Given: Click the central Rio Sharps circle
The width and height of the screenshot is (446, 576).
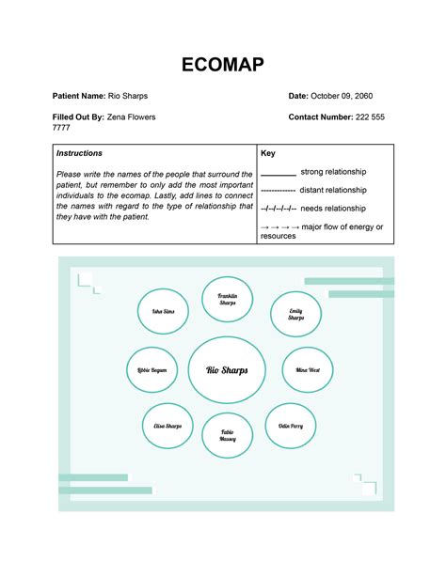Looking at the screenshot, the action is pos(227,370).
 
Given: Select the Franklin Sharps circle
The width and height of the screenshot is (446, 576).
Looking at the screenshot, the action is pos(228,300).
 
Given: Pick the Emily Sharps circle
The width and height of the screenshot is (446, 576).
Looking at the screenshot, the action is pos(296,315).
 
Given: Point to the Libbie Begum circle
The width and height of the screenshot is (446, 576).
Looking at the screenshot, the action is pos(152,370).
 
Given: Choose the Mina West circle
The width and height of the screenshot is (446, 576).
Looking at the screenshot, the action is pos(308,370).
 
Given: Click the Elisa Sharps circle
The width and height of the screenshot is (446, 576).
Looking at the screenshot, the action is pos(167,427).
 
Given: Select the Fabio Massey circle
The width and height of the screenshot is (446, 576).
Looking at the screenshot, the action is pos(228,436).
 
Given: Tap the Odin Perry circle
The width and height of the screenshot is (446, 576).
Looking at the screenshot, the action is pos(290,427).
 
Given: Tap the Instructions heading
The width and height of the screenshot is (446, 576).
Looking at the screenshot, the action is pos(79,153).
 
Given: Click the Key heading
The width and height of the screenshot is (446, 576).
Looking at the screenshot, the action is pos(268,153).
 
